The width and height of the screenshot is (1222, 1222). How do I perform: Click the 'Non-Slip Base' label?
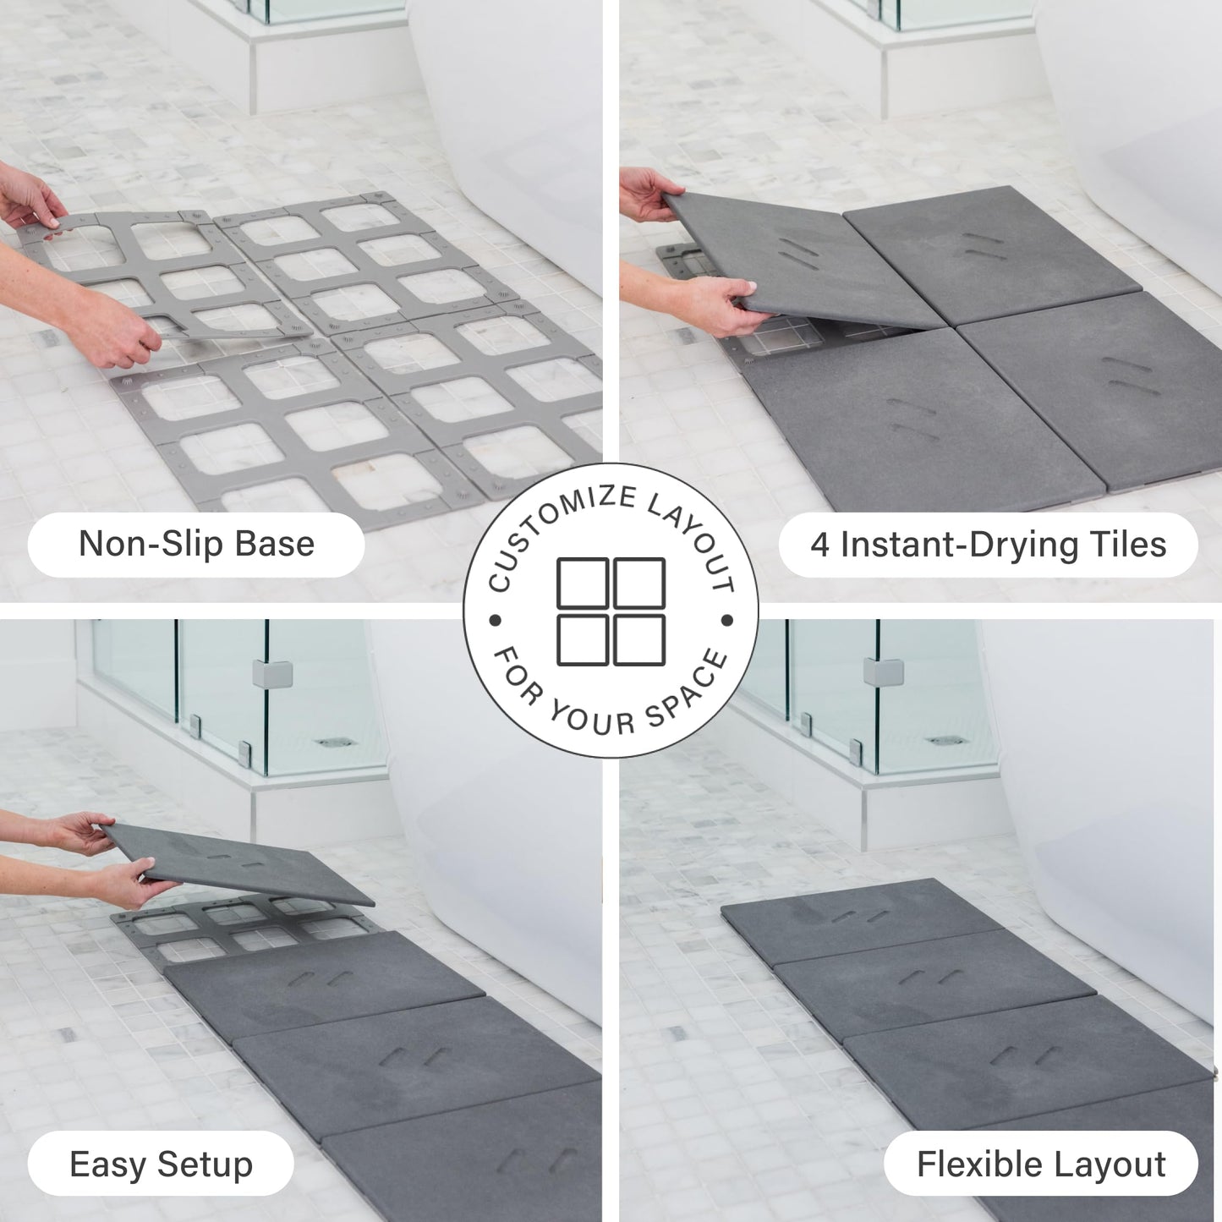coord(196,544)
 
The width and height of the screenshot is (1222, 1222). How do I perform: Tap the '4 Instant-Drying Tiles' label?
coord(988,544)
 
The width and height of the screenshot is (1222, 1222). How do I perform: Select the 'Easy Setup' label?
coord(161,1164)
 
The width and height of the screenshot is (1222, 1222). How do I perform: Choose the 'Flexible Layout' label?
coord(1041,1164)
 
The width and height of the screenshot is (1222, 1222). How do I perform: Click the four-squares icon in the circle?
coord(611,611)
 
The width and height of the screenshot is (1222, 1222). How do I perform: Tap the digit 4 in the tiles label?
coord(819,545)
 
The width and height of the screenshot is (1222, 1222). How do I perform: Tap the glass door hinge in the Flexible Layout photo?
coord(884,672)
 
